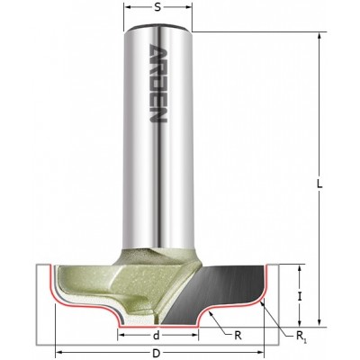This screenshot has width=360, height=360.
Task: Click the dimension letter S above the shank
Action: click(157, 7)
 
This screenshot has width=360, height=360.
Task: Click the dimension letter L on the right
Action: click(320, 184)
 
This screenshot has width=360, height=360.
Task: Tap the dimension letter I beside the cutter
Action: click(300, 297)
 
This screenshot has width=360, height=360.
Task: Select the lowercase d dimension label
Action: click(156, 336)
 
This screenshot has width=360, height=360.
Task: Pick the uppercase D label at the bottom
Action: click(156, 354)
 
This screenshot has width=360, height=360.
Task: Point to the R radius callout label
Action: click(238, 336)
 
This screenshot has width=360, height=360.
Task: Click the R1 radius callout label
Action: click(301, 336)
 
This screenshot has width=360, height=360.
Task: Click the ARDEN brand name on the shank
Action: click(157, 83)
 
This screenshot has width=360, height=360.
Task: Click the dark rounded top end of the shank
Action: click(157, 27)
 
